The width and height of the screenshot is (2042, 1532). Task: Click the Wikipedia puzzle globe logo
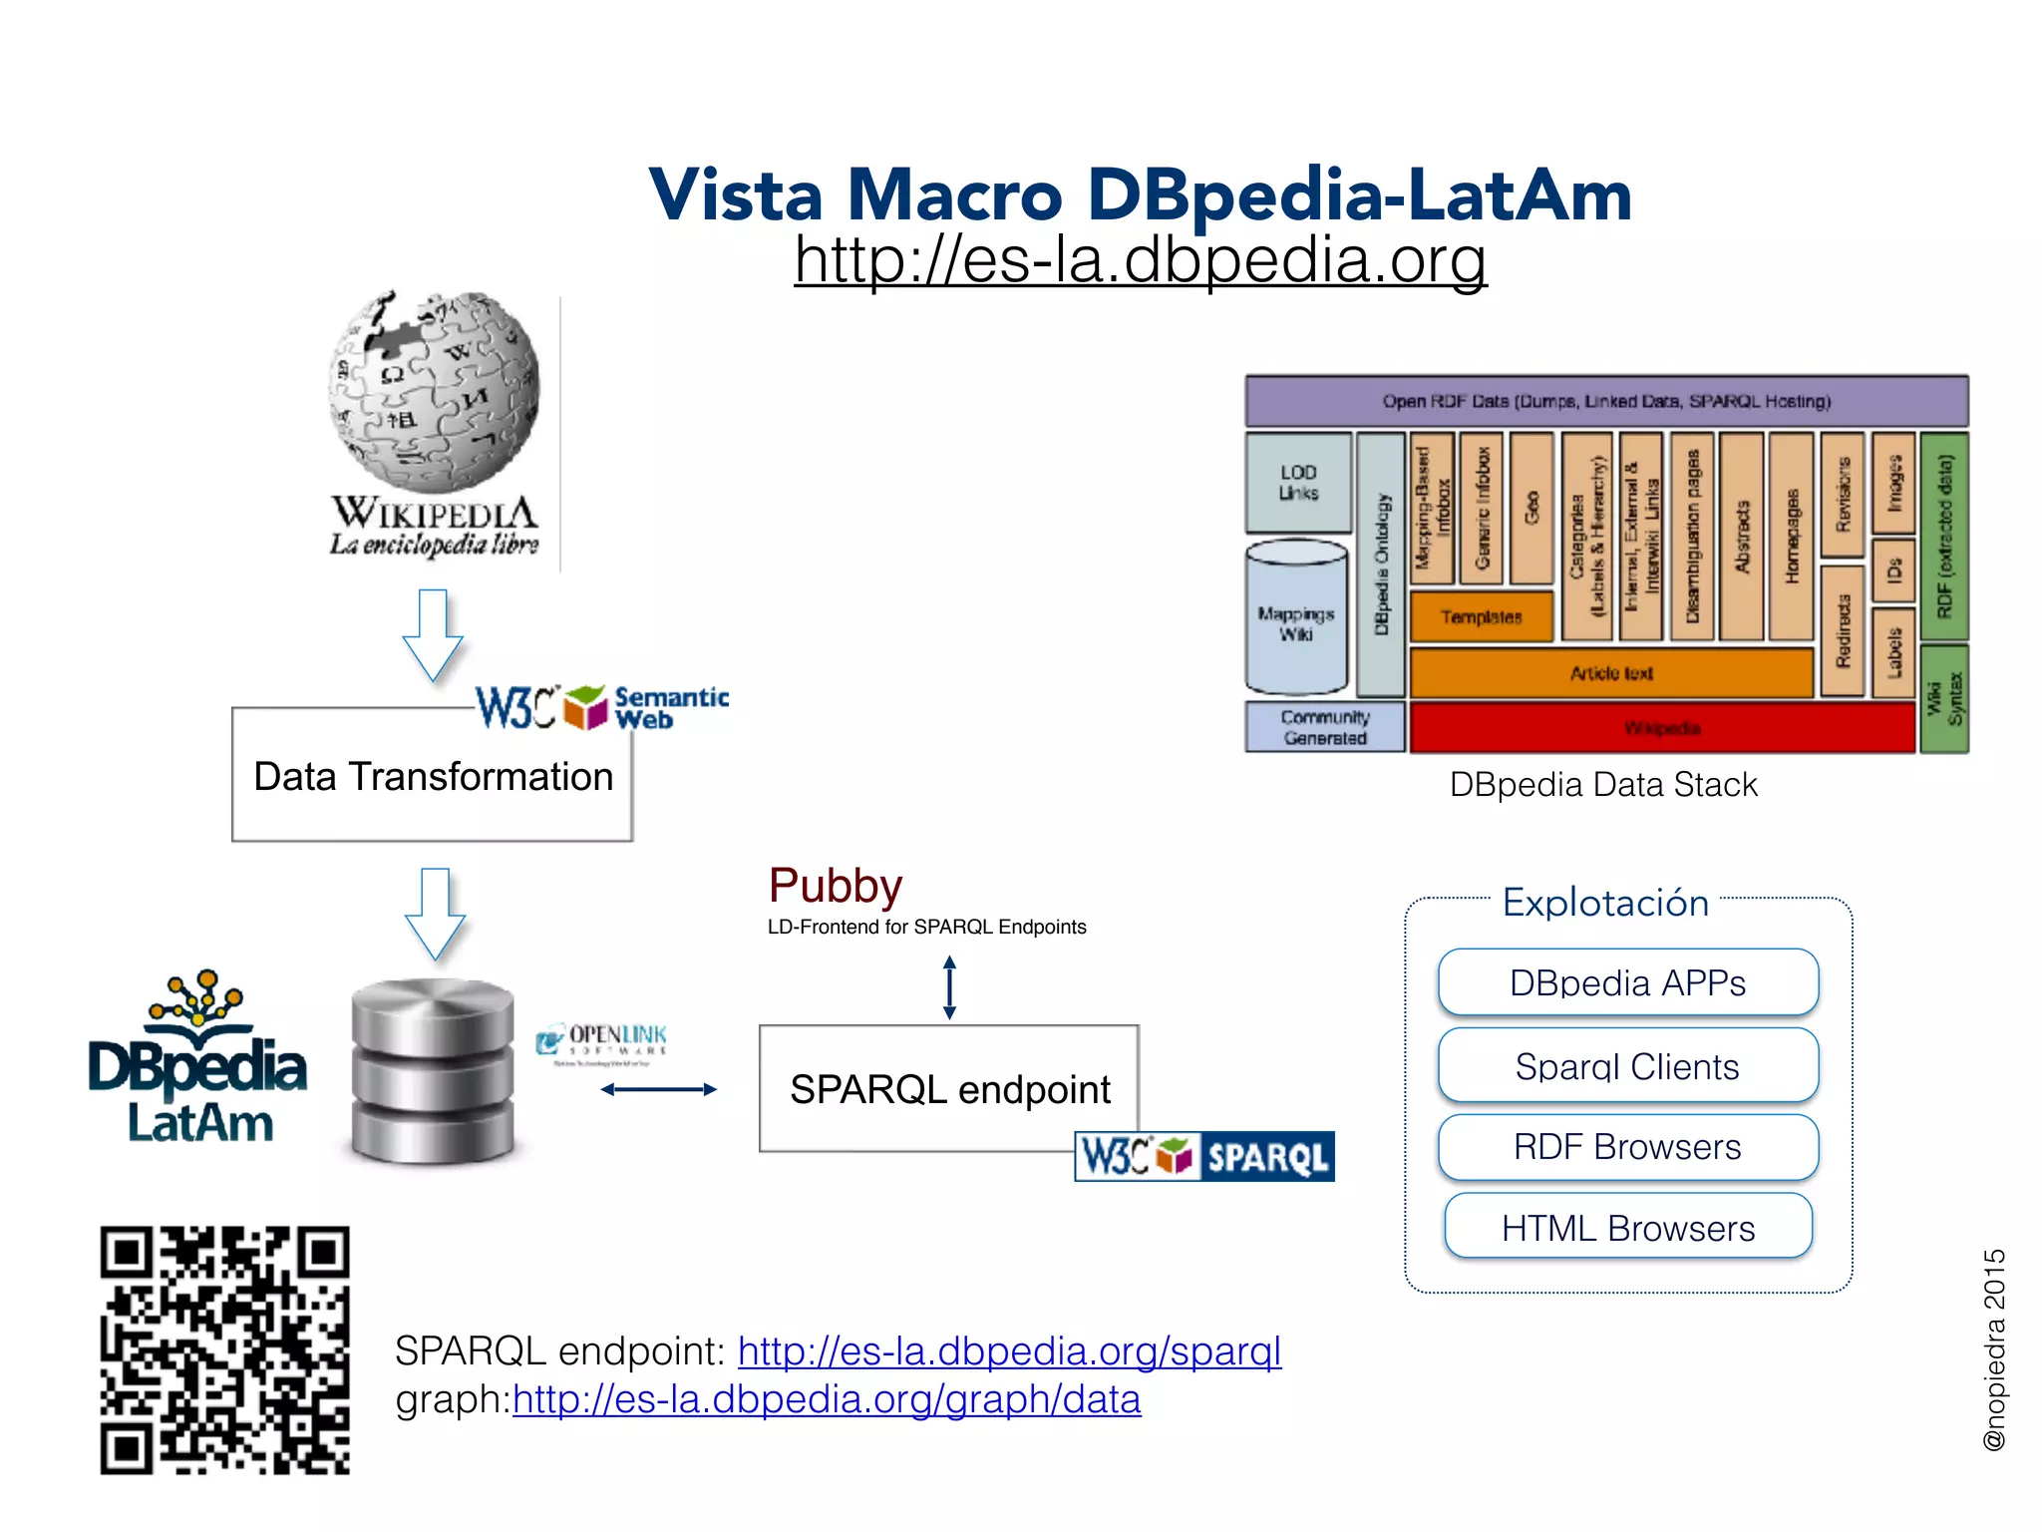coord(434,392)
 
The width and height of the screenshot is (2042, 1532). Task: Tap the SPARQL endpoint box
coord(948,1089)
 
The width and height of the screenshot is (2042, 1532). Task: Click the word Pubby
coord(835,886)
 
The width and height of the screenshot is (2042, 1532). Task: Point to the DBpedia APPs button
coord(1627,982)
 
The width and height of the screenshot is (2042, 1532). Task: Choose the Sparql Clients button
coord(1627,1066)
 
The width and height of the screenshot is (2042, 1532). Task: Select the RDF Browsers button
coord(1627,1147)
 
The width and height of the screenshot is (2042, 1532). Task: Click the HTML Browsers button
coord(1627,1228)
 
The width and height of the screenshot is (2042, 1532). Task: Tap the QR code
coord(224,1349)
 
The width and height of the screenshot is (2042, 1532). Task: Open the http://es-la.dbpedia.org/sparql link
coord(1009,1351)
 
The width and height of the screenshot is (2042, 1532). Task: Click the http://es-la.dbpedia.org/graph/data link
coord(826,1400)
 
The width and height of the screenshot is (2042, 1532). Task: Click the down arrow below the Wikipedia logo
coord(433,634)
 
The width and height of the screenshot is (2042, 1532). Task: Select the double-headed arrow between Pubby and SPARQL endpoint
coord(949,987)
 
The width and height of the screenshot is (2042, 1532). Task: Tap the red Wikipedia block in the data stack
coord(1661,728)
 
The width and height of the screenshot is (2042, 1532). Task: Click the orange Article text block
coord(1610,673)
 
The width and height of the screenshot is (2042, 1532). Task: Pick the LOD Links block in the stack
coord(1298,482)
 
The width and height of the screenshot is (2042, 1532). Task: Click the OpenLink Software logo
coord(602,1041)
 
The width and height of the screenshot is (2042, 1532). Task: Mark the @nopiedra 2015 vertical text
coord(1993,1349)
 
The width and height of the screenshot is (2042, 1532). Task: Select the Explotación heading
coord(1605,903)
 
